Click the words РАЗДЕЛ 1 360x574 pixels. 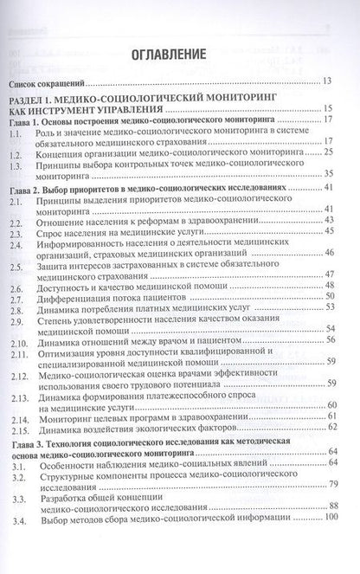[x=42, y=100]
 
